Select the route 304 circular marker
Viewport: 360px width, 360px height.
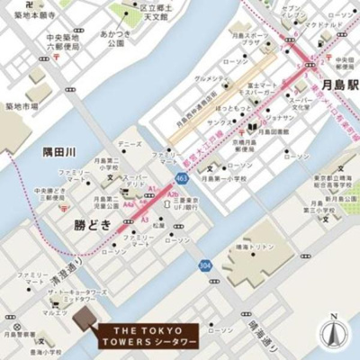pos(206,265)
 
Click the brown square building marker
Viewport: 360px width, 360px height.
pos(84,316)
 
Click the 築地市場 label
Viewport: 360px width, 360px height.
pos(22,106)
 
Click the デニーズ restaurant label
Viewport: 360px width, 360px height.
pos(129,144)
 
